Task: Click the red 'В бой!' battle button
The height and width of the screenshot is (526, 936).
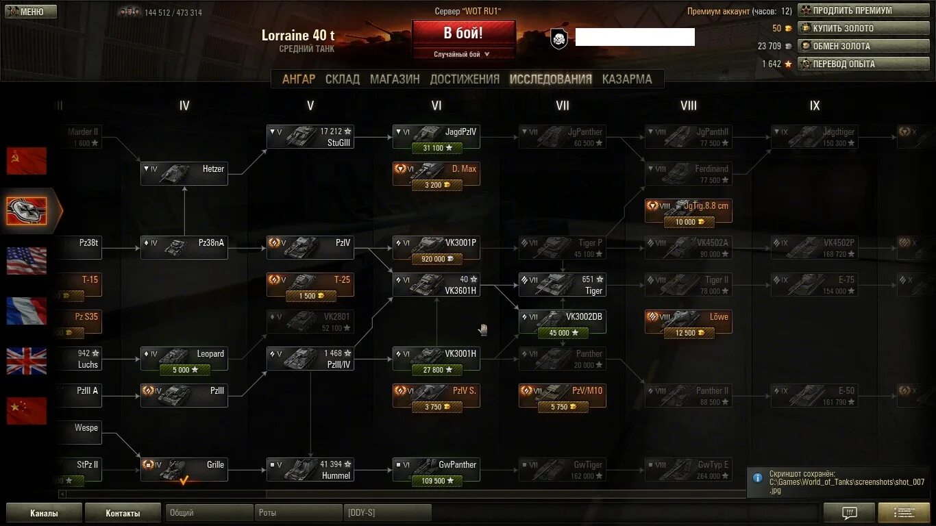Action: point(463,33)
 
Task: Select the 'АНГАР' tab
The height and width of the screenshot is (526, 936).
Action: point(299,79)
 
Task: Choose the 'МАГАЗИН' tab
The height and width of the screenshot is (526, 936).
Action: point(395,79)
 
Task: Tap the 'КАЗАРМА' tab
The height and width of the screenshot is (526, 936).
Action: point(627,79)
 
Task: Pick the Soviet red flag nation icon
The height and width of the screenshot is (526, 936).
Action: point(27,161)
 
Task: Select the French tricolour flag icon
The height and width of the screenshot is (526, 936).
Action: point(27,311)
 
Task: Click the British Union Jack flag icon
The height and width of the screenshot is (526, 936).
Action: point(27,361)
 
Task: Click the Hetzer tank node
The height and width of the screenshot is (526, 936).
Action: point(184,173)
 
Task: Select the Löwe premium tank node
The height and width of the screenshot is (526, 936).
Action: point(688,321)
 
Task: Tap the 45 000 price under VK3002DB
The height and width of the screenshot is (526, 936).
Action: point(562,333)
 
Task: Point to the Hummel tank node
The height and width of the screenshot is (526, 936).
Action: point(310,469)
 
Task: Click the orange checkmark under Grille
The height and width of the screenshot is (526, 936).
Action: point(184,481)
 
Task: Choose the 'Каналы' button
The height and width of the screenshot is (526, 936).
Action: point(44,513)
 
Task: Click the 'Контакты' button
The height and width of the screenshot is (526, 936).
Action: point(123,513)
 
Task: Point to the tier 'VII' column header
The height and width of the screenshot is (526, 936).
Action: point(563,105)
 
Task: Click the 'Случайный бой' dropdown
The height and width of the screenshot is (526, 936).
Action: point(463,54)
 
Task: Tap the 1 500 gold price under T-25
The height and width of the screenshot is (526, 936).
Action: point(310,296)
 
